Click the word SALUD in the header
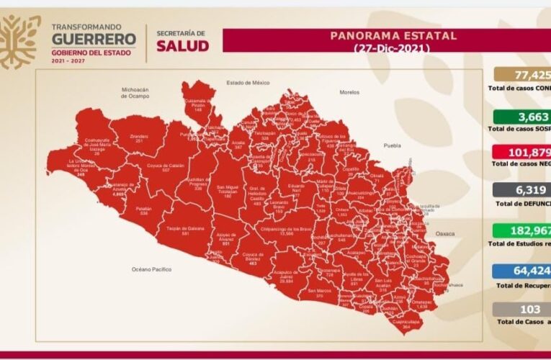182,45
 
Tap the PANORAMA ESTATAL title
393,35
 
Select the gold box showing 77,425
522,74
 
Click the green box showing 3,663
522,117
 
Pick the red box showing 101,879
522,153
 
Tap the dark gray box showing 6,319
522,190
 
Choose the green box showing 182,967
522,232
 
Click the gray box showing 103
522,310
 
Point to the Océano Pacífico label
151,269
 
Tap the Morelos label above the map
329,92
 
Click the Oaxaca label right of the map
445,233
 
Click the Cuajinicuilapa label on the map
406,323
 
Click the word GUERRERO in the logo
94,38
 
